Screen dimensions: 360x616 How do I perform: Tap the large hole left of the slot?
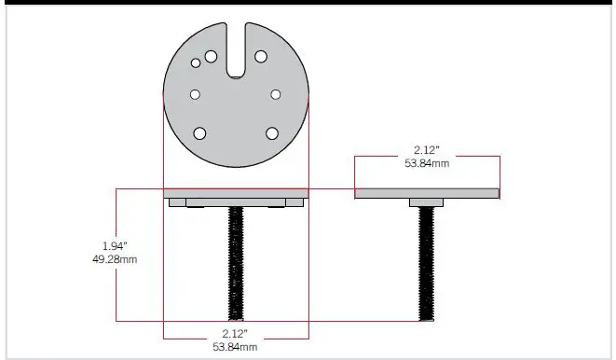coord(212,57)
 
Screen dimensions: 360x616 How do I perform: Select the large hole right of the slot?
coord(261,57)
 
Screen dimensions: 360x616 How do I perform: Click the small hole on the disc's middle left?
coord(196,94)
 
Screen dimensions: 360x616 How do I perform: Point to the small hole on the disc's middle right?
coord(276,94)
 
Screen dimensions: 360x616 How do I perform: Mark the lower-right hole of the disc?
coord(271,132)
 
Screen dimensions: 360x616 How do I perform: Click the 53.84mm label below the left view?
coord(235,347)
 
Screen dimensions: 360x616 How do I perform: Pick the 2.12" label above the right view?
coord(428,149)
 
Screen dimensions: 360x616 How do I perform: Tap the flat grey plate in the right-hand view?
coord(428,193)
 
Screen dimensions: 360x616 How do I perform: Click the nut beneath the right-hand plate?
coord(428,202)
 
